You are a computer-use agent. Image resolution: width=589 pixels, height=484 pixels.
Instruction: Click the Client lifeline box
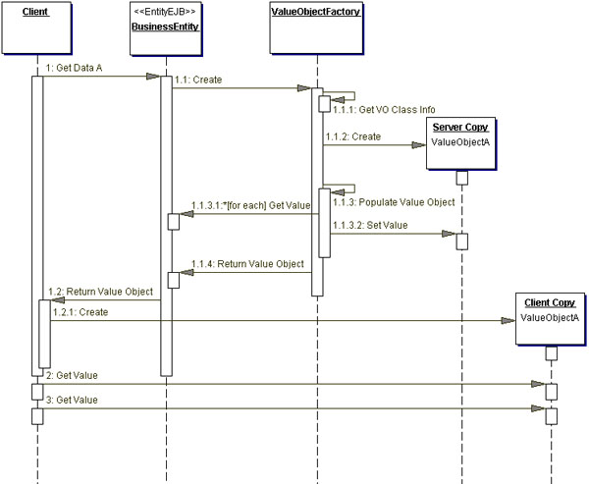click(x=36, y=28)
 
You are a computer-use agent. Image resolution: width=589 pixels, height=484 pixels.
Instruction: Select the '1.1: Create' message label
click(x=201, y=79)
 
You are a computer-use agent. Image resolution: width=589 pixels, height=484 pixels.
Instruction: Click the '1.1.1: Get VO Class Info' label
click(x=377, y=112)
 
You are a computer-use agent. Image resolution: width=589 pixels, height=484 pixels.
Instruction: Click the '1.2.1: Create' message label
click(x=79, y=311)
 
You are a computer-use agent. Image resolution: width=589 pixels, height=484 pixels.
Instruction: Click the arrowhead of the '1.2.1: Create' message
click(x=511, y=320)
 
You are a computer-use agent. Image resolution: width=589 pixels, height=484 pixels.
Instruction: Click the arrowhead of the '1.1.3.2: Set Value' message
click(x=450, y=235)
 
